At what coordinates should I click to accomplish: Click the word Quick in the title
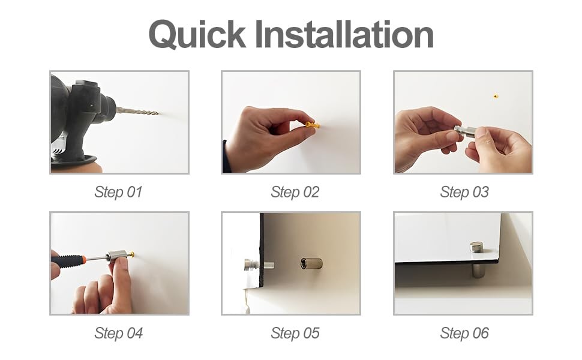[197, 35]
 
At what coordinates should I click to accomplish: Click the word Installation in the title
[345, 34]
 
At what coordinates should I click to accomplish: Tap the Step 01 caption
[118, 192]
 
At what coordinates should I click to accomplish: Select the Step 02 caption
[295, 192]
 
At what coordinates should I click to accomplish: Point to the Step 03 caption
[464, 192]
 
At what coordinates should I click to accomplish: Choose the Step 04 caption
[118, 333]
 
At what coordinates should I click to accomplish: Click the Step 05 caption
[295, 333]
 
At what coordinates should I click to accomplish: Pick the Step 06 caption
[464, 333]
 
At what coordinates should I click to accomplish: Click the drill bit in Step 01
[138, 111]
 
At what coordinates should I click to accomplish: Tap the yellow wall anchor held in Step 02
[311, 125]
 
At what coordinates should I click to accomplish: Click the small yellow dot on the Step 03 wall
[496, 97]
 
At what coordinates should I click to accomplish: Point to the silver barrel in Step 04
[117, 256]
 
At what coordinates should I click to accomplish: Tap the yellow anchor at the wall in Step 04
[130, 254]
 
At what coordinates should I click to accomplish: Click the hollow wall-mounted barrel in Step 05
[311, 264]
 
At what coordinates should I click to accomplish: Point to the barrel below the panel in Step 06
[477, 270]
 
